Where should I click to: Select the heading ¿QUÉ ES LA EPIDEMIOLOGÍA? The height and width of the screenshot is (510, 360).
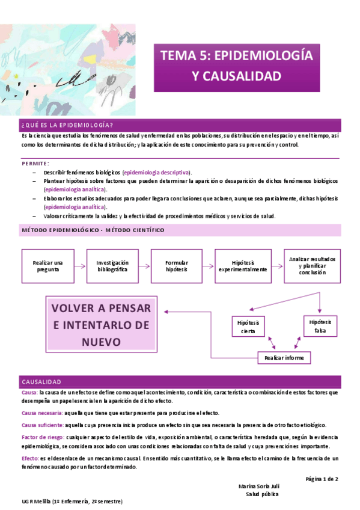[x=67, y=124]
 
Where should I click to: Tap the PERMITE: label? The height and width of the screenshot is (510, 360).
[x=35, y=163]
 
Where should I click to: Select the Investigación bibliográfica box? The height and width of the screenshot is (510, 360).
[x=112, y=266]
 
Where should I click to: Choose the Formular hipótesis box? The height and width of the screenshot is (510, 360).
[x=176, y=266]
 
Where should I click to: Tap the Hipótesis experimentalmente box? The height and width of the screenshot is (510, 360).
[x=242, y=266]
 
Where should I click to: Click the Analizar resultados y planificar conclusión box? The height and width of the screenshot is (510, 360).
[x=312, y=265]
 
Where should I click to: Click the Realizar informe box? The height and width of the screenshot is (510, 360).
[x=284, y=358]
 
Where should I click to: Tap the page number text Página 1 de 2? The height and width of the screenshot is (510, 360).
[x=322, y=479]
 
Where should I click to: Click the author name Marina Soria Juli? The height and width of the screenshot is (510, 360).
[x=258, y=486]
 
